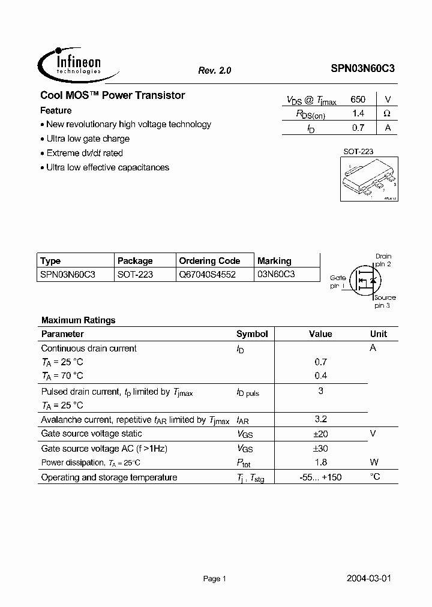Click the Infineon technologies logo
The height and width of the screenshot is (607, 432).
point(70,62)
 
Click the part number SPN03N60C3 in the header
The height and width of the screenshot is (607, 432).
point(362,69)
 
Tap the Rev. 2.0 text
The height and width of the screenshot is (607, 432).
point(214,70)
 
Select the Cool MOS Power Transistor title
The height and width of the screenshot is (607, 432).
point(112,95)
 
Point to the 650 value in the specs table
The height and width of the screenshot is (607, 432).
point(358,100)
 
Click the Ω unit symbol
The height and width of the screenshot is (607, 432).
point(387,113)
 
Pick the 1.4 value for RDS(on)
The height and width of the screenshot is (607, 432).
point(358,113)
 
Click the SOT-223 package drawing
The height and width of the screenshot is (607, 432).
point(367,181)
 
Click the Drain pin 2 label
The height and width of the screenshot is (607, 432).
point(383,260)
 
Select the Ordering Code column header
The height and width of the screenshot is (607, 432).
point(209,261)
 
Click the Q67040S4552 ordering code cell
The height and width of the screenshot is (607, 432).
point(207,274)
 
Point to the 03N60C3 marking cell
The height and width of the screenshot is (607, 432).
point(277,274)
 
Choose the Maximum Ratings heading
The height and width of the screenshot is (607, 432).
point(78,320)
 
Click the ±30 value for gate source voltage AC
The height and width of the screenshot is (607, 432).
point(320,449)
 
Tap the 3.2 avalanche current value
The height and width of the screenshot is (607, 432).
point(320,419)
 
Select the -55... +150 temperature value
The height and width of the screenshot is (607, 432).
point(320,477)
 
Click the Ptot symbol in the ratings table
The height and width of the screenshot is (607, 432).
point(244,463)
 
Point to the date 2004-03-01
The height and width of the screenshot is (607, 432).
point(369,579)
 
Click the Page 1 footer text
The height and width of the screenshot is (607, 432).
point(214,579)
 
